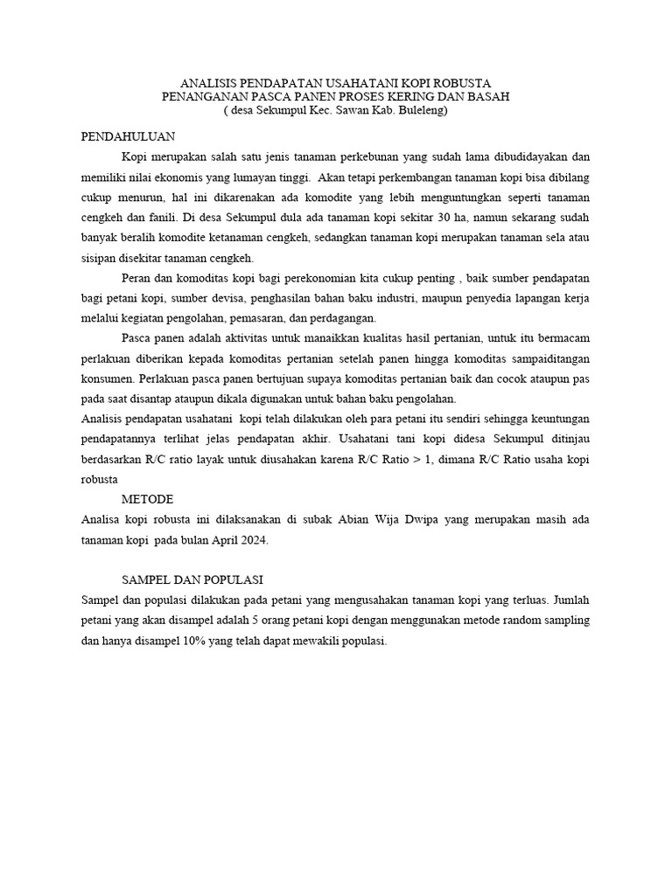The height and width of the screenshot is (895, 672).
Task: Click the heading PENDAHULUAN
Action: (129, 136)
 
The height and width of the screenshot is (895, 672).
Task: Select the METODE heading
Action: (147, 499)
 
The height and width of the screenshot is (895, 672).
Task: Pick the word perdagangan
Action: (339, 318)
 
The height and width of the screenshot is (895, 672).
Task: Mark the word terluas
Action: (525, 600)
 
